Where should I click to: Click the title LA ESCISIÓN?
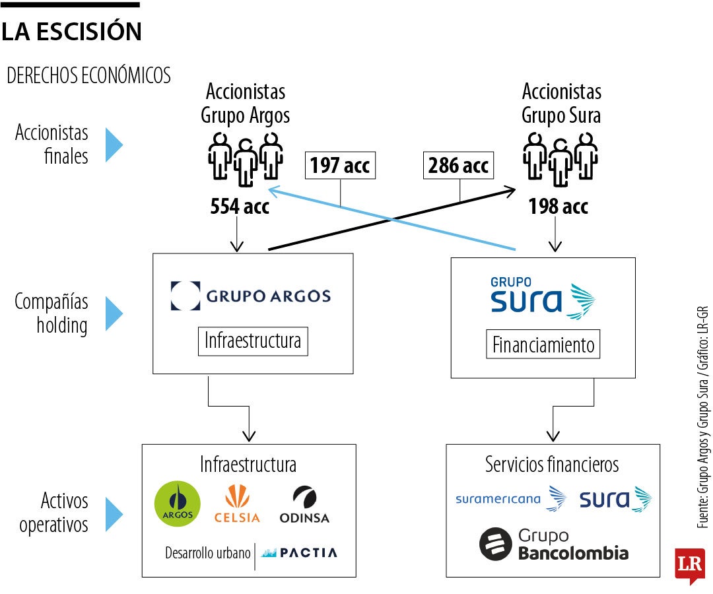(71, 31)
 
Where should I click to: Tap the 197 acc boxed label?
(340, 166)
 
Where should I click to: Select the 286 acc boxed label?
(459, 165)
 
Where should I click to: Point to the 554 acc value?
(240, 207)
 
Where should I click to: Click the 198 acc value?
(558, 207)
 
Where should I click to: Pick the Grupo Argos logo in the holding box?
(251, 296)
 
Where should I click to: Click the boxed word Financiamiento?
(543, 344)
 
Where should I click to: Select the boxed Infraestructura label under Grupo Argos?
(252, 341)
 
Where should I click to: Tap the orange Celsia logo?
(237, 504)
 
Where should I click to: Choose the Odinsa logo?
(304, 505)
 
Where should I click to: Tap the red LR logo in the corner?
(689, 564)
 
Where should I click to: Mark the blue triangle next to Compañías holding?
(114, 313)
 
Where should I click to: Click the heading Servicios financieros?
(552, 464)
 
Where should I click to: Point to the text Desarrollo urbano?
(208, 553)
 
